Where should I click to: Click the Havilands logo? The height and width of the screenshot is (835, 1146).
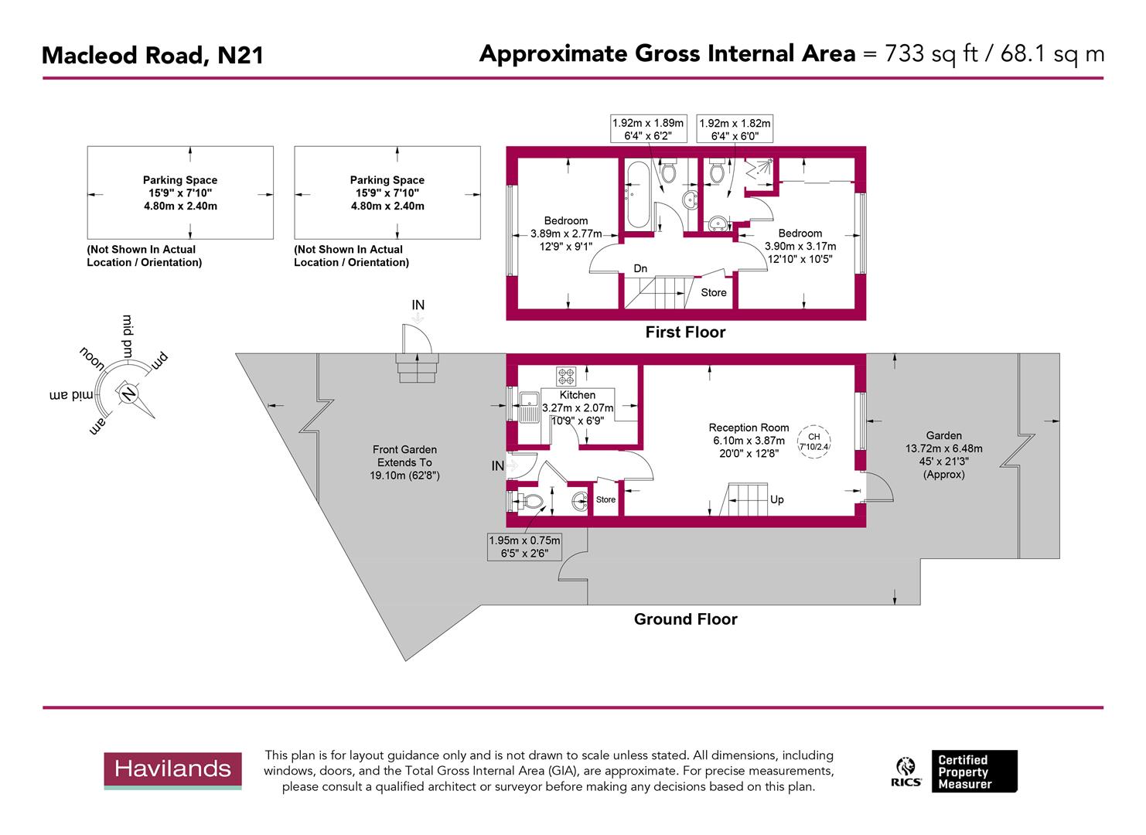point(172,769)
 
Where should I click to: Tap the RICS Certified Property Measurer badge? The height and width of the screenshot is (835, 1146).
point(956,771)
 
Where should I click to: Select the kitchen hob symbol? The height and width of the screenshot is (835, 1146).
point(566,377)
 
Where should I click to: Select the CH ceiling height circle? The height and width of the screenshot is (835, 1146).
point(813,442)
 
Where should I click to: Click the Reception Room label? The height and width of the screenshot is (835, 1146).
point(749,428)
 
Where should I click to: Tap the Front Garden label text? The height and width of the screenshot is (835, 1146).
point(404,449)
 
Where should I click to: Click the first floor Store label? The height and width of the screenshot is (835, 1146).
point(713,292)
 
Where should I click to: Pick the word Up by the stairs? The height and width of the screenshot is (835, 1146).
point(777,499)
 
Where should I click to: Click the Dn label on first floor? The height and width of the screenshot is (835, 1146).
point(640,268)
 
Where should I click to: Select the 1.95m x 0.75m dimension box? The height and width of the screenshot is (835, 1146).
point(524,547)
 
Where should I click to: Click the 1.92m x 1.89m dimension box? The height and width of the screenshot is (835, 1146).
point(648,128)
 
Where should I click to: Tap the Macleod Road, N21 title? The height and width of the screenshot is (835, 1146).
point(152,55)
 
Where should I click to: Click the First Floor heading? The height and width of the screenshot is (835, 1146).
point(685,332)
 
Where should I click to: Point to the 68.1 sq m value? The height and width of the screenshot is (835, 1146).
point(1052,53)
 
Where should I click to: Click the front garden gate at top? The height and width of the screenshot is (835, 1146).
point(417,341)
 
